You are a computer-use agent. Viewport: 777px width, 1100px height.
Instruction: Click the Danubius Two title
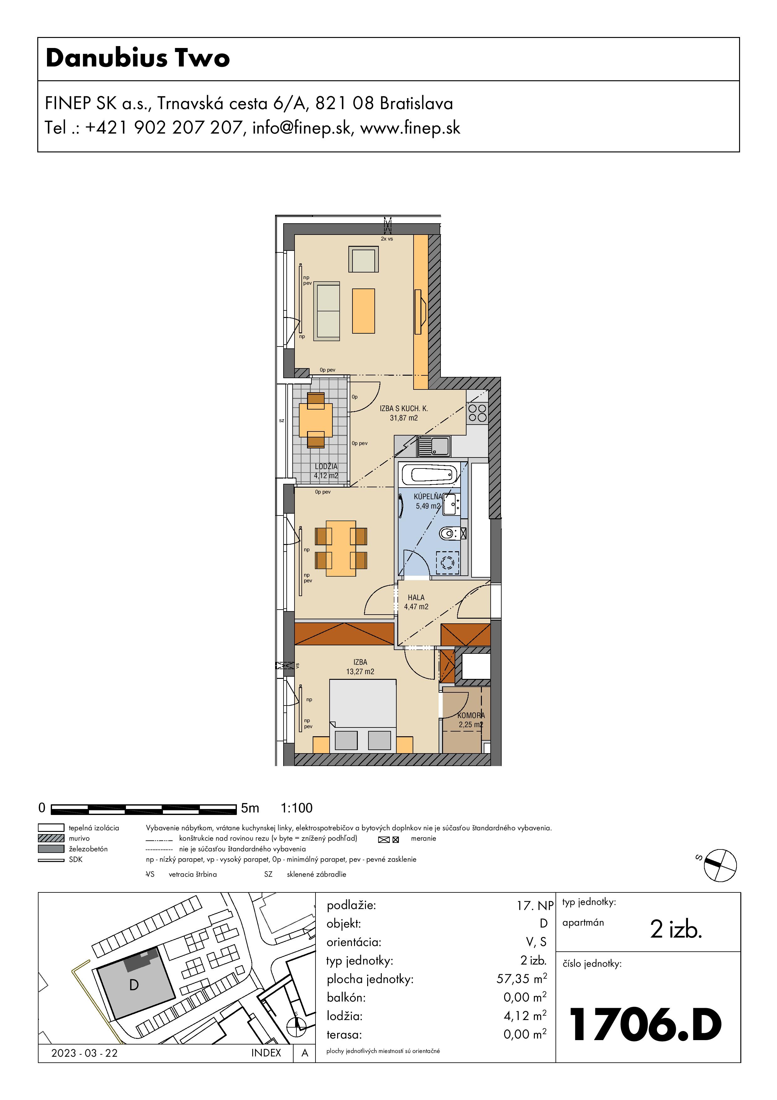138,58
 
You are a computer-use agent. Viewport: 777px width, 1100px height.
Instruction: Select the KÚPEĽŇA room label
428,496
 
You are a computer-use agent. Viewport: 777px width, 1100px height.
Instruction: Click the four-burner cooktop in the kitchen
477,413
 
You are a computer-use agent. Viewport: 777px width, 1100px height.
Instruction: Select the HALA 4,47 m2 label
416,602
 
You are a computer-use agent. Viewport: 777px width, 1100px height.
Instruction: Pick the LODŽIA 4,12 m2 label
326,471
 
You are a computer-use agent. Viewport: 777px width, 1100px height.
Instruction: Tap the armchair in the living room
363,259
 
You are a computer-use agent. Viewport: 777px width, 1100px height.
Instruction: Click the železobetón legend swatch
51,849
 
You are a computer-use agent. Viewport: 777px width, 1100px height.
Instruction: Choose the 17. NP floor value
535,906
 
